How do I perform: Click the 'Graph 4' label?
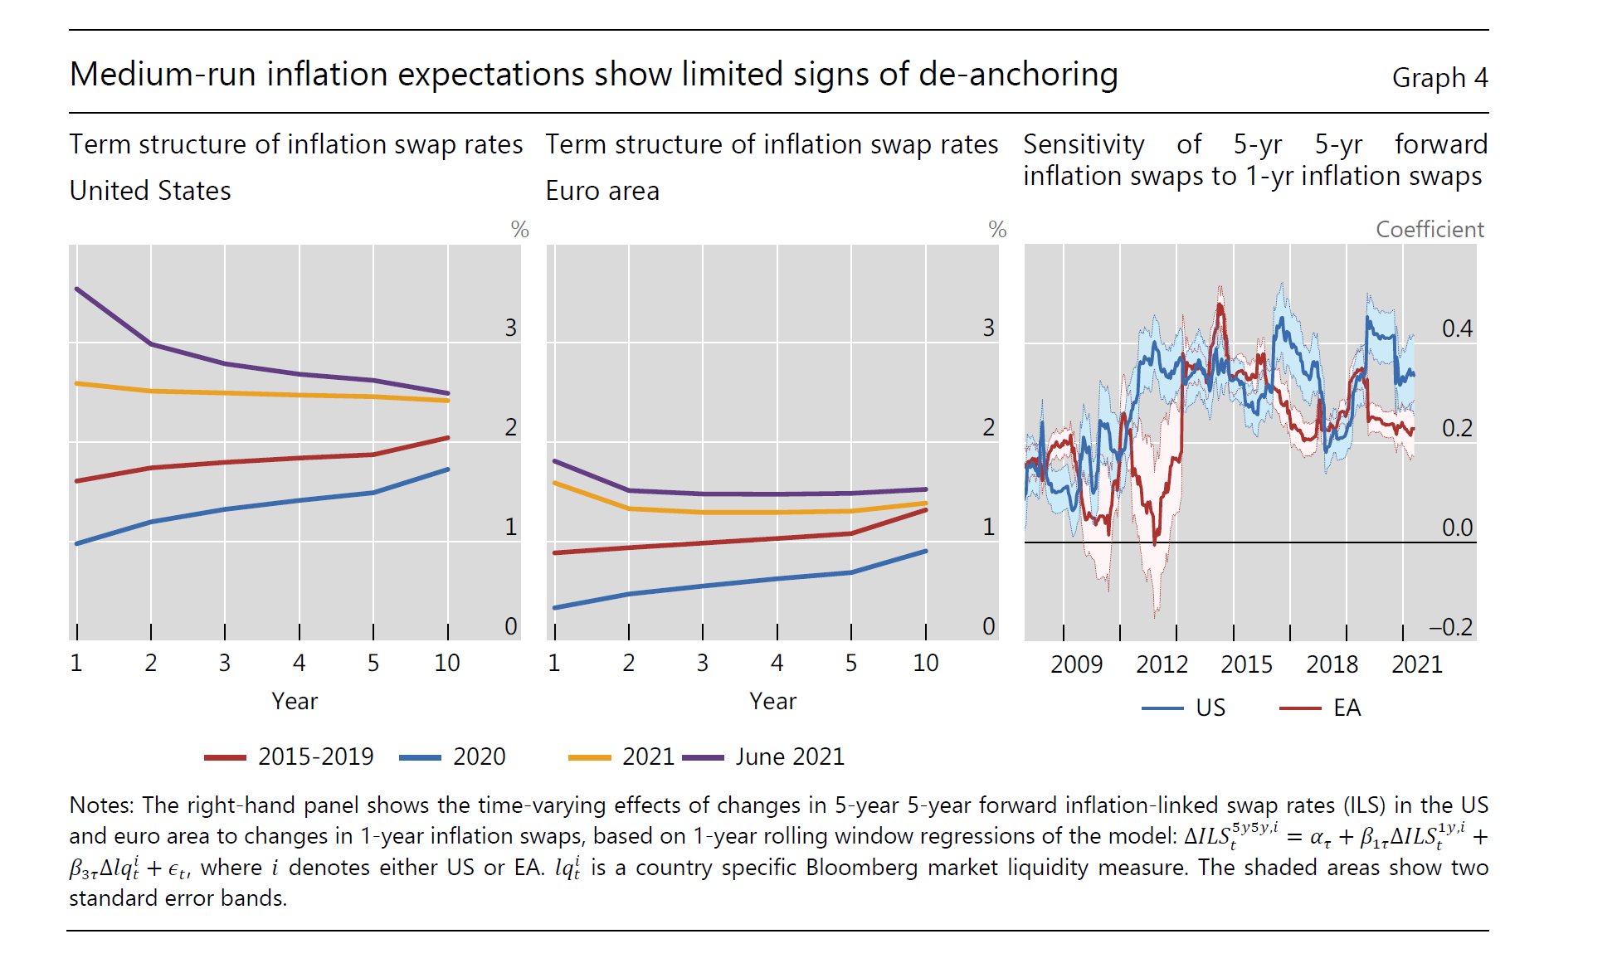coord(1439,78)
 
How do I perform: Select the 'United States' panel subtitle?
coord(150,191)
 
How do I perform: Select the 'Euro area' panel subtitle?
coord(602,191)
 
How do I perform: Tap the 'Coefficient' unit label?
coord(1429,230)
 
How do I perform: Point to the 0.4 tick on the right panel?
coord(1457,329)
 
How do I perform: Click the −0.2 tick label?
coord(1450,627)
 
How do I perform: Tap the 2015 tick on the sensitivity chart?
coord(1246,664)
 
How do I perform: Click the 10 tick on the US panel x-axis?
coord(447,663)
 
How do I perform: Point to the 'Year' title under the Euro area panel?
coord(772,702)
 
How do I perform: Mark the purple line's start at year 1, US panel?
coord(76,289)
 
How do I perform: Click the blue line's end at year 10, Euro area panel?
coord(926,551)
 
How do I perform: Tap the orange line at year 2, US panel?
coord(150,391)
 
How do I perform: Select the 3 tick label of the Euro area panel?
coord(988,328)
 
